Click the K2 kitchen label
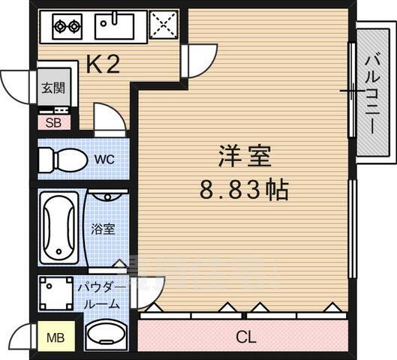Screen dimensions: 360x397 (103, 65)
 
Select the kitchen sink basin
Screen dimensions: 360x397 (115, 27)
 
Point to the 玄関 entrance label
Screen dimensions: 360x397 (52, 87)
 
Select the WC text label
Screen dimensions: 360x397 (104, 159)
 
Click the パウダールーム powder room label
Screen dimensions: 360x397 (98, 296)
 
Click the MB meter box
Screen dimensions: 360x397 (55, 337)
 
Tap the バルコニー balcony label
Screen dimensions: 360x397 (371, 94)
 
